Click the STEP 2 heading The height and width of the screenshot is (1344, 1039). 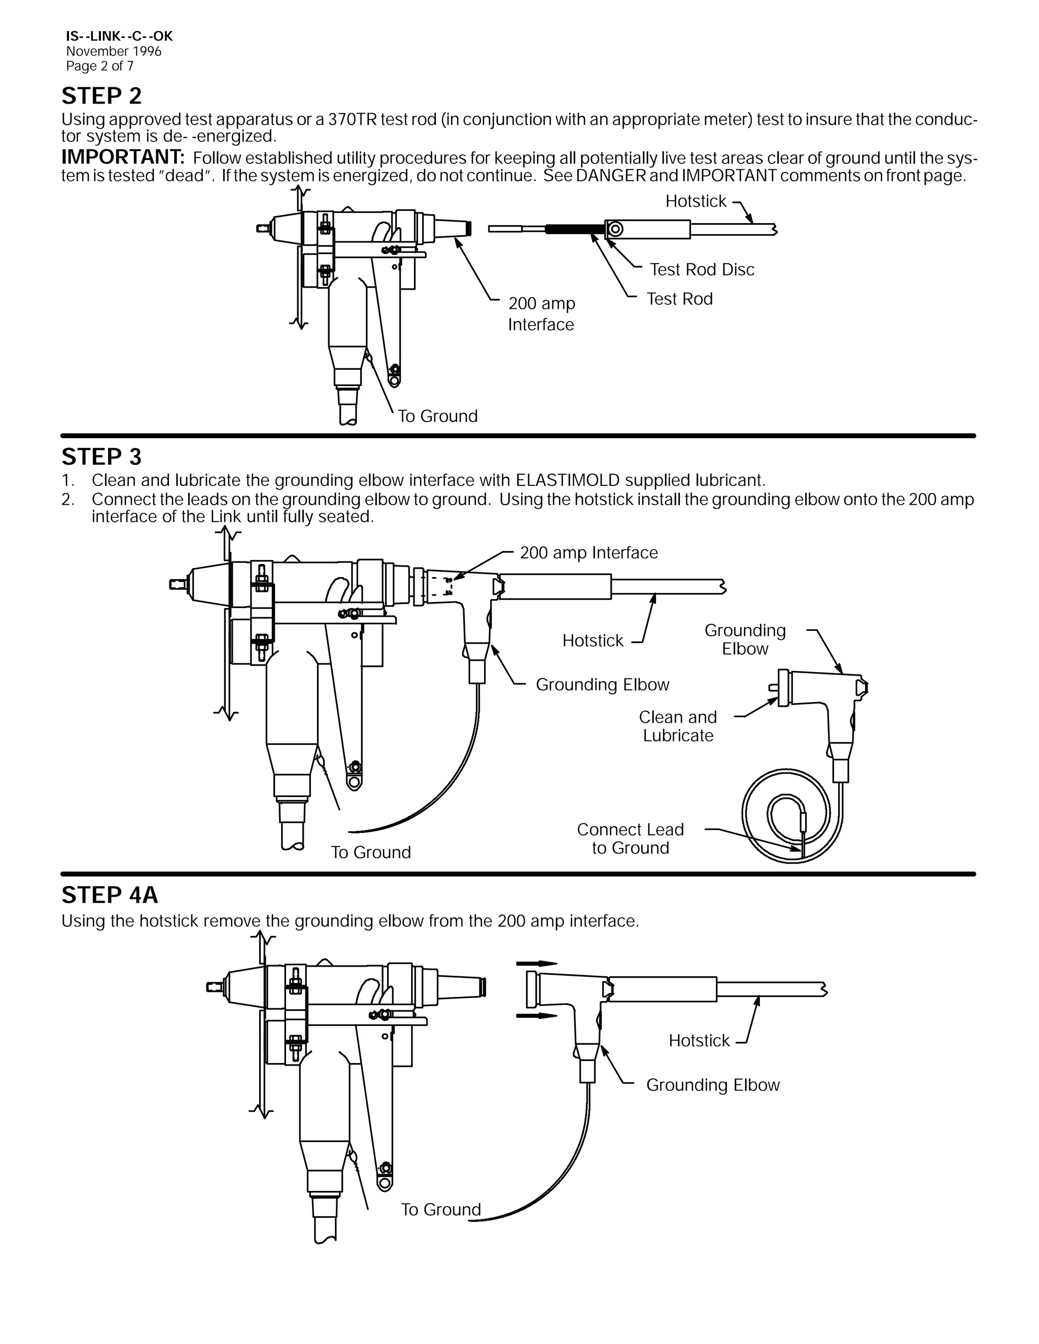pos(101,96)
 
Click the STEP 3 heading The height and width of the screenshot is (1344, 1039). pos(101,457)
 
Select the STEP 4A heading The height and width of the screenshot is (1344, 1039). pos(110,895)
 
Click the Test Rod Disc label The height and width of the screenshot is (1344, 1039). pos(702,269)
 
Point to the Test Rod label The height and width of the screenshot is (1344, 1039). pos(679,299)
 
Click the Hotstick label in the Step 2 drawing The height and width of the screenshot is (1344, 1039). pos(696,201)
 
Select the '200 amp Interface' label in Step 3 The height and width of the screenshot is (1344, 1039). pos(588,553)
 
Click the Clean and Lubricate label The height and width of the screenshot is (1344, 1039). pos(678,726)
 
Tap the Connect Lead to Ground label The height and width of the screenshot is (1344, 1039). pos(630,839)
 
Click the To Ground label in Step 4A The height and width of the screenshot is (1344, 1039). pos(441,1209)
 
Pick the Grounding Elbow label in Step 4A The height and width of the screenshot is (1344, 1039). pos(712,1085)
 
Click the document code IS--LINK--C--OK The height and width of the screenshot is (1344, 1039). pos(119,37)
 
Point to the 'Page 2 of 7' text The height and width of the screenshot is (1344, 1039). pos(100,66)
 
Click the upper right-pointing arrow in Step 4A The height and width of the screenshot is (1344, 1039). pos(536,964)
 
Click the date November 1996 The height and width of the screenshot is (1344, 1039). pos(114,52)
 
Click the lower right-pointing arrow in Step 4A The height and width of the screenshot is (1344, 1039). pos(536,1016)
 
